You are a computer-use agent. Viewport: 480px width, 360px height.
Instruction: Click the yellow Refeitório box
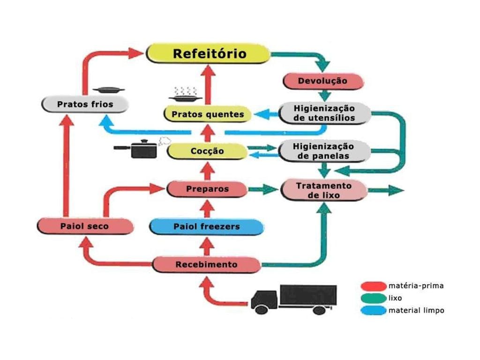pos(209,53)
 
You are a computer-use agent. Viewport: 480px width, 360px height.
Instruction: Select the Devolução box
pos(323,81)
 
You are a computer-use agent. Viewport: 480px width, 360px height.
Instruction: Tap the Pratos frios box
pos(85,104)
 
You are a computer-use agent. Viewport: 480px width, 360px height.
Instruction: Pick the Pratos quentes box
pos(208,114)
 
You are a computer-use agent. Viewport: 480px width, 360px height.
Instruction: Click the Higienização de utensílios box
pos(324,113)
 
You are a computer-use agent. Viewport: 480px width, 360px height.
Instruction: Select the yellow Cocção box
pos(207,151)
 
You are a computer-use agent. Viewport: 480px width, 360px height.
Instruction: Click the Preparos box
pos(207,189)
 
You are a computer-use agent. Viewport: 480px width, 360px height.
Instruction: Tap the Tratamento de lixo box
pos(323,190)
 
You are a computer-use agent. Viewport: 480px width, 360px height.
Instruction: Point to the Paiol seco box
pos(84,226)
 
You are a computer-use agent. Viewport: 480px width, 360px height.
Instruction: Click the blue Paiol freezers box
pos(206,227)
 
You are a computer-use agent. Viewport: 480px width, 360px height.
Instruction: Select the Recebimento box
pos(206,264)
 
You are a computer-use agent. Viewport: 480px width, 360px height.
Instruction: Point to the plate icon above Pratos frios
pos(108,89)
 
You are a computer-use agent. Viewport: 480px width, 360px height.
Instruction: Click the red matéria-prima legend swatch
pos(373,285)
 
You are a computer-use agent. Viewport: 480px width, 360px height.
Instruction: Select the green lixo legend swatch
pos(373,298)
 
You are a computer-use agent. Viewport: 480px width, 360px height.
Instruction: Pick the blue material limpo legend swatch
pos(373,310)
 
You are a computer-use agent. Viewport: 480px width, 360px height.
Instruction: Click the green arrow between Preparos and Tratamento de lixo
pos(263,189)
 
